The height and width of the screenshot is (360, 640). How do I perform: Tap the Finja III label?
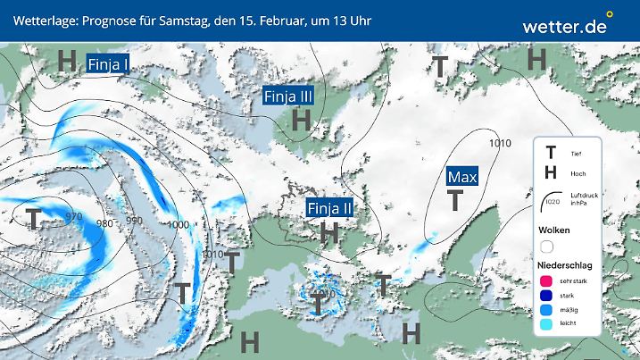288,96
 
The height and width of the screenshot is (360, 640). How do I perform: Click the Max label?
462,177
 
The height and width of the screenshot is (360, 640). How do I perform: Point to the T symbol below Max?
455,201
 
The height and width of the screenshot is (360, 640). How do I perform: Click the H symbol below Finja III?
302,119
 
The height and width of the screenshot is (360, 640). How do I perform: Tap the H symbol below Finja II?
329,233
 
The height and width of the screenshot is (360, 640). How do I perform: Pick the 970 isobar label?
62,217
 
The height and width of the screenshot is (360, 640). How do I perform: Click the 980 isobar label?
105,223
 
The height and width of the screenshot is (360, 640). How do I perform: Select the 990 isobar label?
134,220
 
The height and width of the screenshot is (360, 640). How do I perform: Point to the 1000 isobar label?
178,225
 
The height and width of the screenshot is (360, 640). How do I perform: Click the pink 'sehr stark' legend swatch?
547,281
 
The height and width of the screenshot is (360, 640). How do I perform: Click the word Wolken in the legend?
554,230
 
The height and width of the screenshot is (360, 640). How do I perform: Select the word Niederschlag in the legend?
567,265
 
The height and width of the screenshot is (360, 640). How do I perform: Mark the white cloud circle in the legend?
547,247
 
